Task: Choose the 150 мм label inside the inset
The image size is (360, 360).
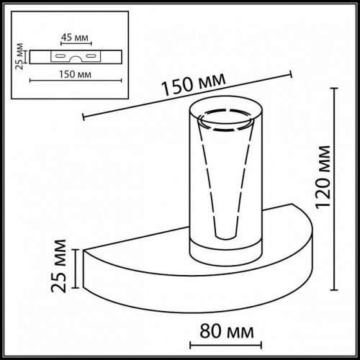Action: (x=70, y=73)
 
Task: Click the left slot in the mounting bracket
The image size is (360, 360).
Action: (x=53, y=55)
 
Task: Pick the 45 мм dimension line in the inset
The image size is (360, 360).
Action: (x=70, y=44)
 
